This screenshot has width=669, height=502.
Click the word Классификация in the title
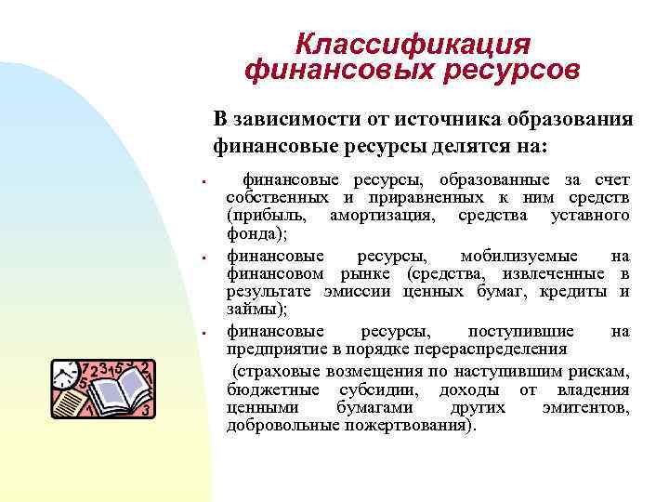pyautogui.click(x=413, y=44)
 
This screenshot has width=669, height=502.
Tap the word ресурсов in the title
pyautogui.click(x=509, y=70)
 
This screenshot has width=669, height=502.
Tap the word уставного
pyautogui.click(x=591, y=216)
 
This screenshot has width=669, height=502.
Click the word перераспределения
pyautogui.click(x=482, y=350)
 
